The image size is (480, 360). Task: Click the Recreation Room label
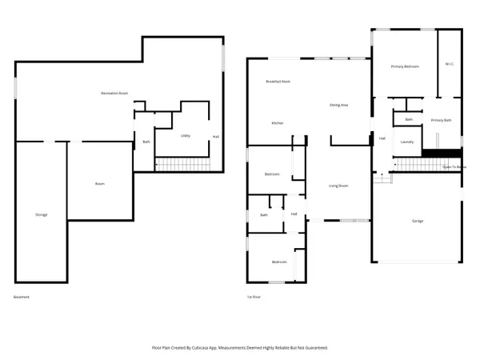116,94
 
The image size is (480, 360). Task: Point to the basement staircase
181,164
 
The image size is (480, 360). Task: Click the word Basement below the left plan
22,297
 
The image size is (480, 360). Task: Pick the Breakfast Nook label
278,82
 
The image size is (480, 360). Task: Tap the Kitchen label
277,122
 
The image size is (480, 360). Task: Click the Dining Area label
338,105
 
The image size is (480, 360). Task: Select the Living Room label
338,185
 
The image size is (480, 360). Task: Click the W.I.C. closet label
450,65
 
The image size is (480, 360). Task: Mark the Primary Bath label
442,120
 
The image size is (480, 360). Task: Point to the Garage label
418,221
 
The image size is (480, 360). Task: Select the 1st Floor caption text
254,297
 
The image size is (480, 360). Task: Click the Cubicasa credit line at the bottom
240,348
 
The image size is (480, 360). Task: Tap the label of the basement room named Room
100,184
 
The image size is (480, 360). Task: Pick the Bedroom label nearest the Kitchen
272,174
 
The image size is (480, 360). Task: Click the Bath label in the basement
146,142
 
